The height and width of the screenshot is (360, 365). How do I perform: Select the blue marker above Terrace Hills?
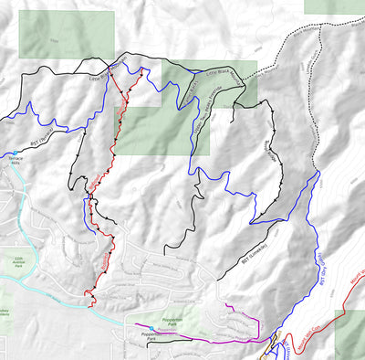16,152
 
